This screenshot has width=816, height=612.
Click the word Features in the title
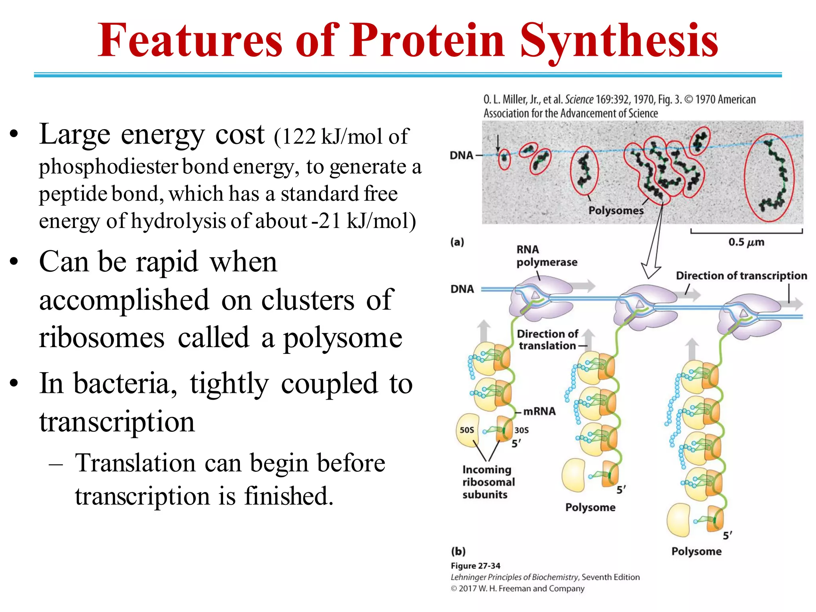190,41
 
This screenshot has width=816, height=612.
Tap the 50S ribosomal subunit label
467,430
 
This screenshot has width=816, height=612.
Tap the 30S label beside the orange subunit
522,430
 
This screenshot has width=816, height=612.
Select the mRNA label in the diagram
539,411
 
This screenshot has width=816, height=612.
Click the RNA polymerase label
546,256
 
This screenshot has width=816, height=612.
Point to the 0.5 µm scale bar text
746,242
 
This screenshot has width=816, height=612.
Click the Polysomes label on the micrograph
616,210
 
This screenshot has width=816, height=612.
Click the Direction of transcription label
741,276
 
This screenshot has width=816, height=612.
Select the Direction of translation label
547,339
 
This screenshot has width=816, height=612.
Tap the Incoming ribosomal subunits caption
488,482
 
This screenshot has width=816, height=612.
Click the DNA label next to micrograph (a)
461,155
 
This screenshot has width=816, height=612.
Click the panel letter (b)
458,551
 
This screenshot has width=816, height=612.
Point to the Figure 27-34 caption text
475,566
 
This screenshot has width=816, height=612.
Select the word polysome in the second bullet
343,338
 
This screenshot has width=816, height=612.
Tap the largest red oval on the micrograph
769,178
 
